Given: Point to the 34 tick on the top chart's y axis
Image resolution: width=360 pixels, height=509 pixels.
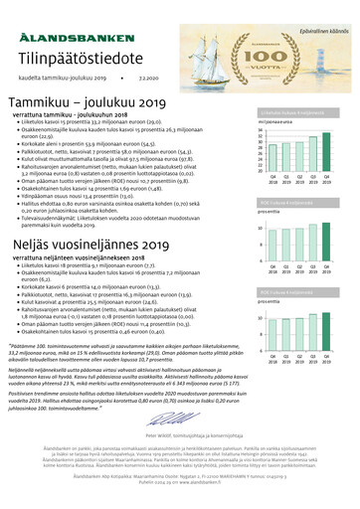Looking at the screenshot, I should [261, 130].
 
